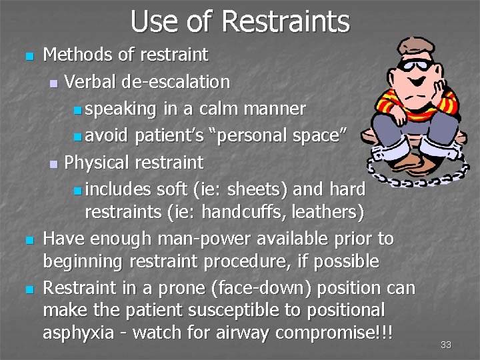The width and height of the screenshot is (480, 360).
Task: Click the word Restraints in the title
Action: (285, 21)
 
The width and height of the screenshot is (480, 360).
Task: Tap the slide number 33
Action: (446, 345)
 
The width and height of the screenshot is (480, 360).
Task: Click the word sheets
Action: (258, 189)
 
